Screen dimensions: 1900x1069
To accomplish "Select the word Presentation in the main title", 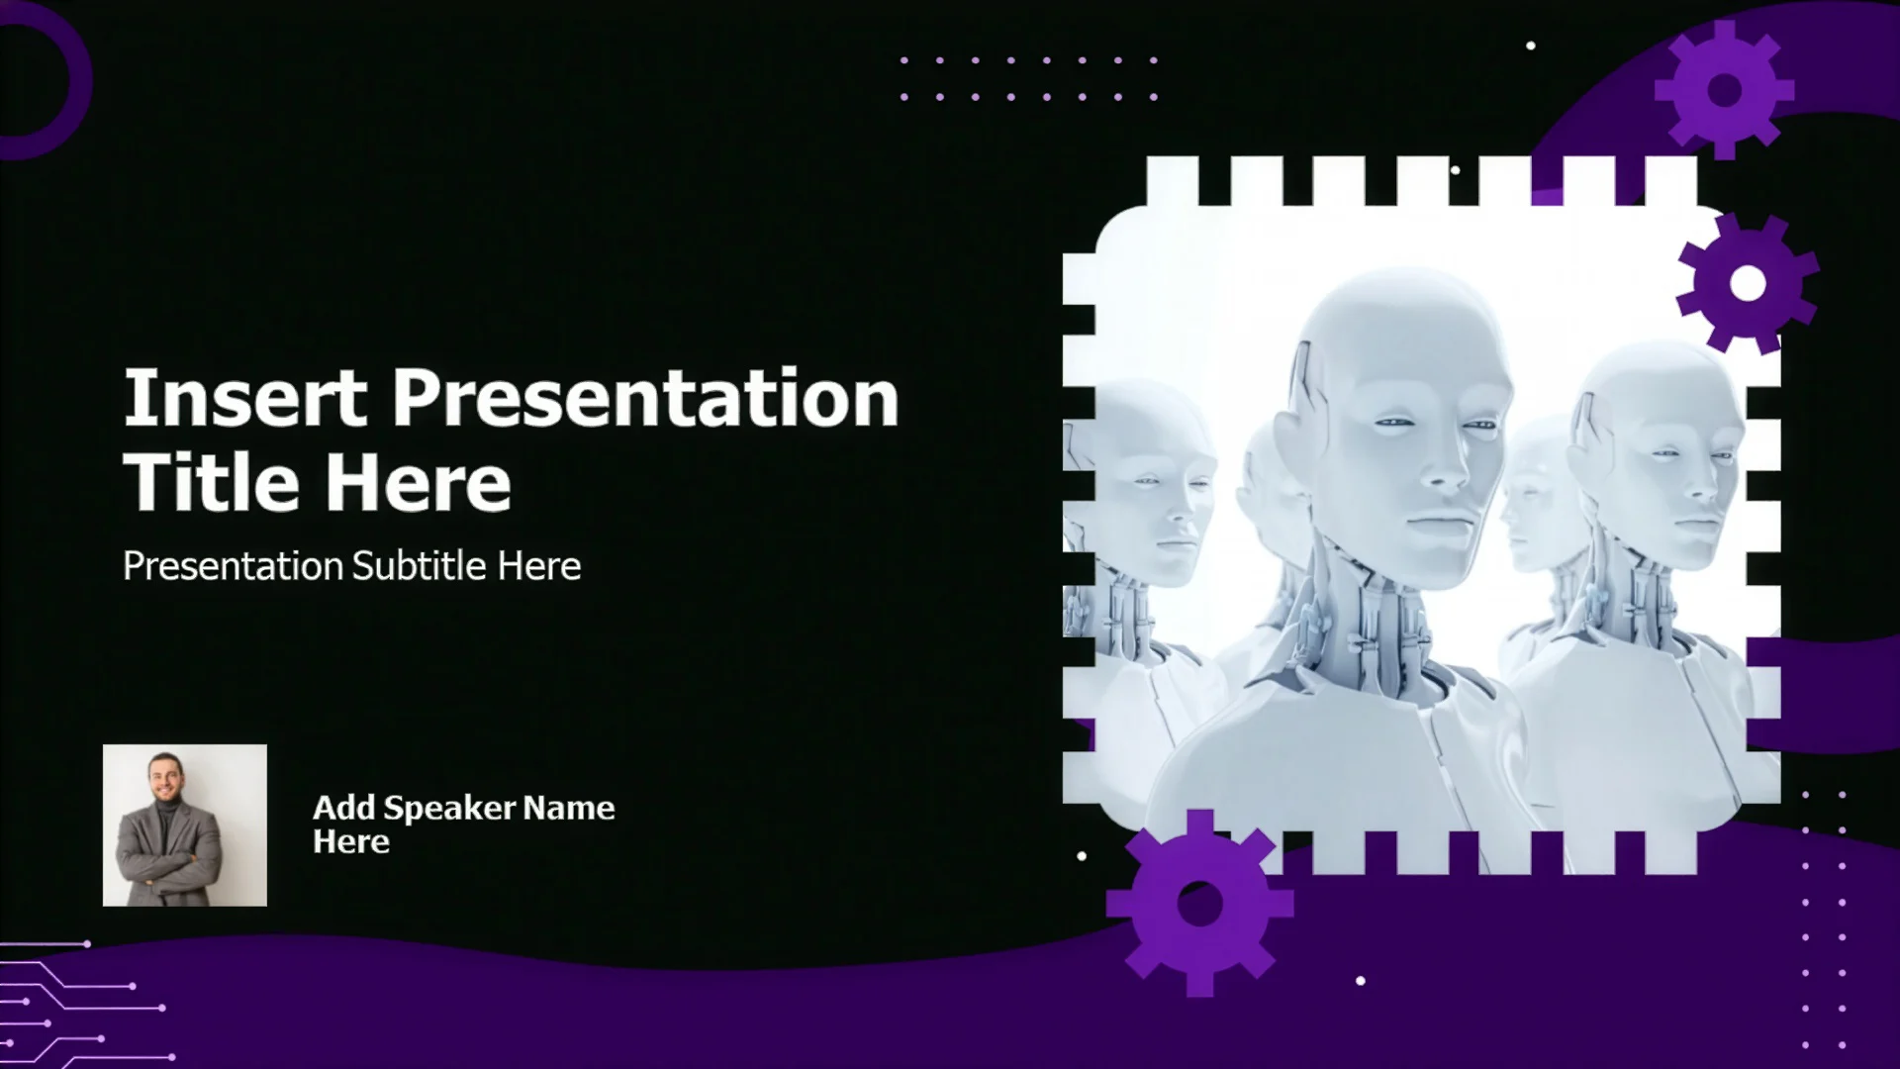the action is tap(645, 399).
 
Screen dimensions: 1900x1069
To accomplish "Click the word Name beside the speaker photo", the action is tap(568, 808).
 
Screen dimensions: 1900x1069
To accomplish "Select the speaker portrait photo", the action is tap(185, 826).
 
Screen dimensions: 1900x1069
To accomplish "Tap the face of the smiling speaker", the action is tap(163, 777).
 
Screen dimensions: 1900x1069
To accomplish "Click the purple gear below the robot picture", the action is tap(1199, 903).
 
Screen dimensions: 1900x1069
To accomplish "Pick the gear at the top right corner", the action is tap(1725, 90).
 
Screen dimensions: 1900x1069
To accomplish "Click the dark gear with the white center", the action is tap(1748, 283).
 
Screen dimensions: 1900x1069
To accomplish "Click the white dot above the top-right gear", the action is tap(1531, 46).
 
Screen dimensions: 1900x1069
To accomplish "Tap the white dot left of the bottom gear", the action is tap(1082, 856).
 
